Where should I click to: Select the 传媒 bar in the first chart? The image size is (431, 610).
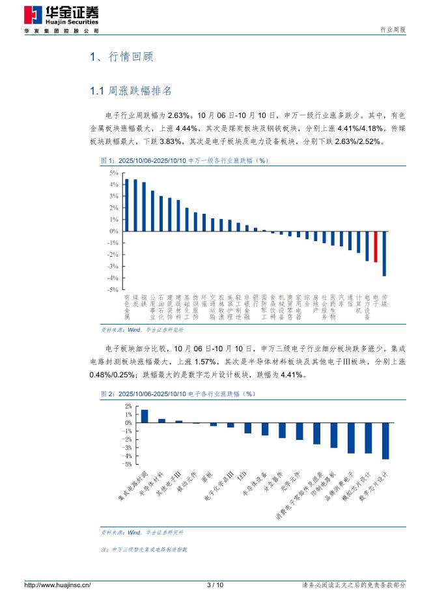pyautogui.click(x=384, y=254)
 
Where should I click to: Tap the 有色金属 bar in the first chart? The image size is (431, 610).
pyautogui.click(x=127, y=205)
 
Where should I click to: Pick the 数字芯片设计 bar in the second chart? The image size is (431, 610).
pyautogui.click(x=385, y=441)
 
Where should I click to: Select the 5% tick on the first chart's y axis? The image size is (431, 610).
pyautogui.click(x=113, y=173)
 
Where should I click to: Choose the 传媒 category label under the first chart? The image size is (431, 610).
pyautogui.click(x=384, y=300)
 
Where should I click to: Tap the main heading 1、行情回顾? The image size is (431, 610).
pyautogui.click(x=121, y=57)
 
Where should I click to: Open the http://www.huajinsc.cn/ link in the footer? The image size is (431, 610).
pyautogui.click(x=57, y=585)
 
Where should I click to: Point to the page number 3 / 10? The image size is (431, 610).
pyautogui.click(x=215, y=585)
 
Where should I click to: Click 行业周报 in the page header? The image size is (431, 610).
pyautogui.click(x=393, y=30)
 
